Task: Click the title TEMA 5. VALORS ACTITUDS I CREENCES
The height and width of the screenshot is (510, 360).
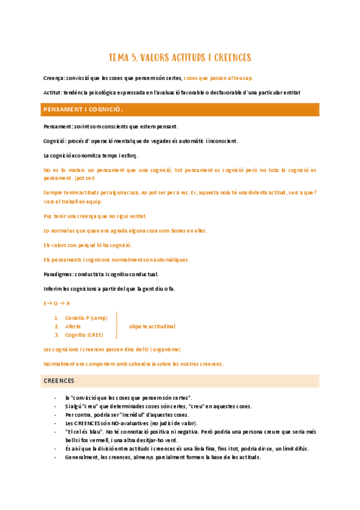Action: (180, 58)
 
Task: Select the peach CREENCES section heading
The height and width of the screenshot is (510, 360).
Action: (59, 381)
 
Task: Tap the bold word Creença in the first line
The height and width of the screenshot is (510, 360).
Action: (54, 78)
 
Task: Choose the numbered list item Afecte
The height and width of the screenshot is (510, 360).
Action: (73, 326)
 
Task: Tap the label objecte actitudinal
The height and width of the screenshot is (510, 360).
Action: (152, 326)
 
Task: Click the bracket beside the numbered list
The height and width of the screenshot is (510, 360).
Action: (116, 326)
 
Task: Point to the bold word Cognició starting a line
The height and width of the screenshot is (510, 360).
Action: (56, 141)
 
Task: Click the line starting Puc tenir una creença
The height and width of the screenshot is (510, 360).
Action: (95, 215)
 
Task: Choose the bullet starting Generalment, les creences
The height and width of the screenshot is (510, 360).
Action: (162, 457)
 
